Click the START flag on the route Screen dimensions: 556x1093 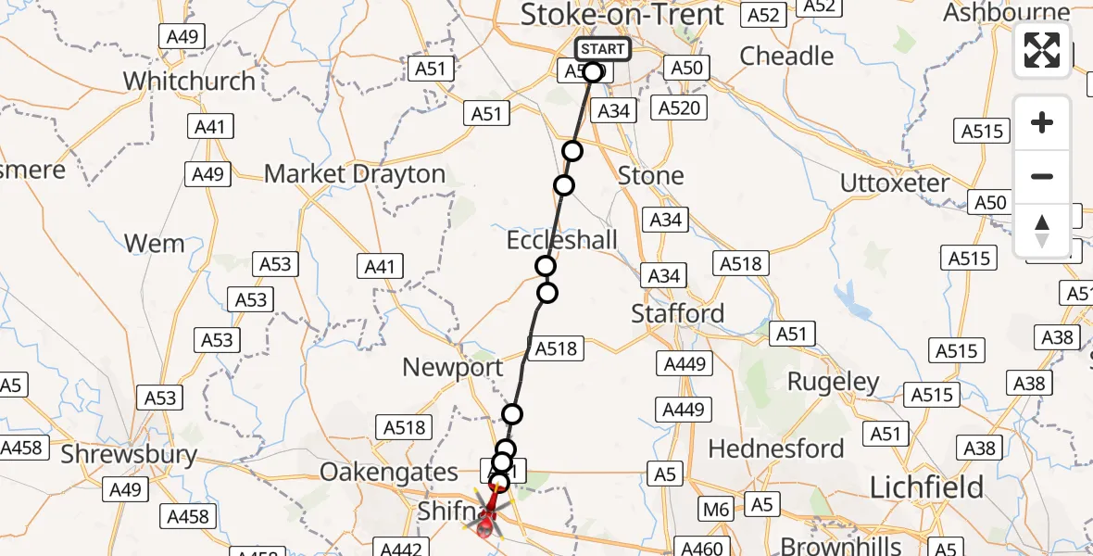603,49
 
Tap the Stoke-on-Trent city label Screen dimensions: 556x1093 622,15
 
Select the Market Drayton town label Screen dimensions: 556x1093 355,174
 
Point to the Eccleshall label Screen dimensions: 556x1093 561,241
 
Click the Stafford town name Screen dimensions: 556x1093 677,314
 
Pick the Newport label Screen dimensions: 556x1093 452,367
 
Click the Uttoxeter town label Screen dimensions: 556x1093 894,183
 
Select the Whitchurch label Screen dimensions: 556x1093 189,81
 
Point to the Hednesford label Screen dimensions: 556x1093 776,449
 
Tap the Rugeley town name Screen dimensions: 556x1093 833,382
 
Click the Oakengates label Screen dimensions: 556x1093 389,472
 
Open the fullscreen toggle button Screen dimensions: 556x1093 1042,50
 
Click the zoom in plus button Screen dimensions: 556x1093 1042,122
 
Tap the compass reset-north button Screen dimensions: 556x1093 1042,231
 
